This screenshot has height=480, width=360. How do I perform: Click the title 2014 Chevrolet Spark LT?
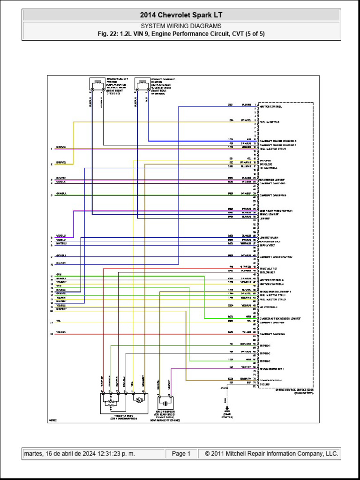pos(181,15)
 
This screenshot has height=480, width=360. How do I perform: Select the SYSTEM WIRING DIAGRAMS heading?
pos(181,26)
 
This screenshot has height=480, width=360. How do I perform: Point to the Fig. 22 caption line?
pos(181,34)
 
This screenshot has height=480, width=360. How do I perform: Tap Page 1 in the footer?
pos(181,454)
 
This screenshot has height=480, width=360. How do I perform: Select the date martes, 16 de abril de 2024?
pos(79,454)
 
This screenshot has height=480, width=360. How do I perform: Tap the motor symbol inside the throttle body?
pos(139,400)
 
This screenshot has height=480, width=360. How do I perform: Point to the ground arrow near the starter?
pos(227,408)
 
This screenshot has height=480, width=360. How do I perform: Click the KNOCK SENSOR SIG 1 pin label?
pos(272,369)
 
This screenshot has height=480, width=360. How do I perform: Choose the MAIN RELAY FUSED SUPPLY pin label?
pos(279,210)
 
